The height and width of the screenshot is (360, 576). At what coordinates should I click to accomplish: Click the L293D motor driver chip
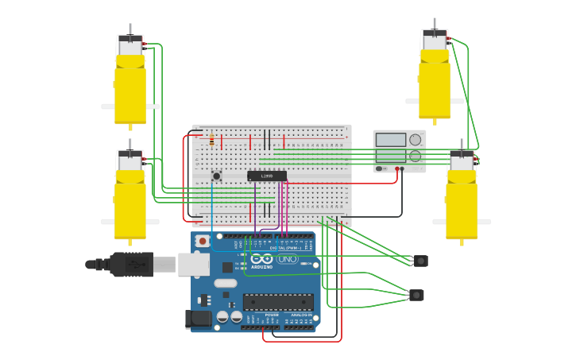(x=266, y=176)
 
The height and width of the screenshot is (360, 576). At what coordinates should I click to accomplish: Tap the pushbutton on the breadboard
(x=216, y=176)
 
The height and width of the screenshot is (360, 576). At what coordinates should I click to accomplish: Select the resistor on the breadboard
(x=211, y=141)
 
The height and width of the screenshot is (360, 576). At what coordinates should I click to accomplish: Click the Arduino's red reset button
(x=203, y=240)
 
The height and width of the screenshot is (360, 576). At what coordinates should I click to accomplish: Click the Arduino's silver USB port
(x=193, y=264)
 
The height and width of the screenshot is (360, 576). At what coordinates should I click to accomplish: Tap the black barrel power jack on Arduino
(x=196, y=319)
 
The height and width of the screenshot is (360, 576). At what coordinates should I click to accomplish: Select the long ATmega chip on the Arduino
(x=277, y=302)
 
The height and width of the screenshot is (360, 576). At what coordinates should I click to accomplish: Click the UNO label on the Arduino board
(x=286, y=259)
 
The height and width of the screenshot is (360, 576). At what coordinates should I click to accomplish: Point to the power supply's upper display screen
(x=390, y=140)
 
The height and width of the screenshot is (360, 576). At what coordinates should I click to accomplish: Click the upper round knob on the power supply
(x=415, y=140)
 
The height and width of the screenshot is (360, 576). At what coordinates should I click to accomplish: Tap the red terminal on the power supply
(x=396, y=168)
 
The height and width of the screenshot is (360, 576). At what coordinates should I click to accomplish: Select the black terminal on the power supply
(x=402, y=168)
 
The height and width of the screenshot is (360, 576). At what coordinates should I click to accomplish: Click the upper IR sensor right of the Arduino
(x=420, y=261)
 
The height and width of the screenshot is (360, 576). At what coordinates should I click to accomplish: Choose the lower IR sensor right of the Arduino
(x=416, y=295)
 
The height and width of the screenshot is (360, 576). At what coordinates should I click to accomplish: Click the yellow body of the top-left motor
(x=130, y=87)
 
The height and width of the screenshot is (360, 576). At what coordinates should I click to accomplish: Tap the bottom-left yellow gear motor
(x=130, y=203)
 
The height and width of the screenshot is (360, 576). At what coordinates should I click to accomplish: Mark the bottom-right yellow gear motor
(x=462, y=203)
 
